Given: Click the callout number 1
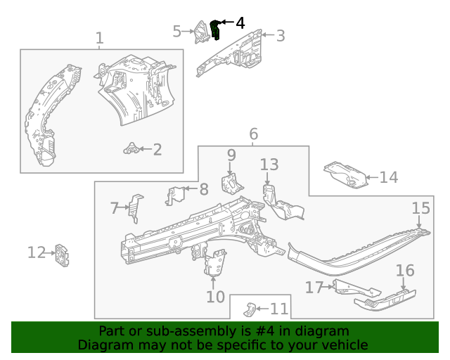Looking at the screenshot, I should (99, 38).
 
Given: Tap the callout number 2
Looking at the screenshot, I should (157, 149).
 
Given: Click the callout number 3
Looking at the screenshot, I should (280, 35).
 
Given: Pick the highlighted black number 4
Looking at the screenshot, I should (240, 23).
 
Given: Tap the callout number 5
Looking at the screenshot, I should (177, 30).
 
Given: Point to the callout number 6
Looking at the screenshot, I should (253, 134).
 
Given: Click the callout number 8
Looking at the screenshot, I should (203, 188).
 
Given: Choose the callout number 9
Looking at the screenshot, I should (231, 154).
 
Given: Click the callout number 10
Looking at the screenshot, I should (215, 297).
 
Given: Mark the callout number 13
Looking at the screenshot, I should (269, 165).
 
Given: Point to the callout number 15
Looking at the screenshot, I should (420, 207).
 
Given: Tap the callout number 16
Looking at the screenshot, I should (405, 271).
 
